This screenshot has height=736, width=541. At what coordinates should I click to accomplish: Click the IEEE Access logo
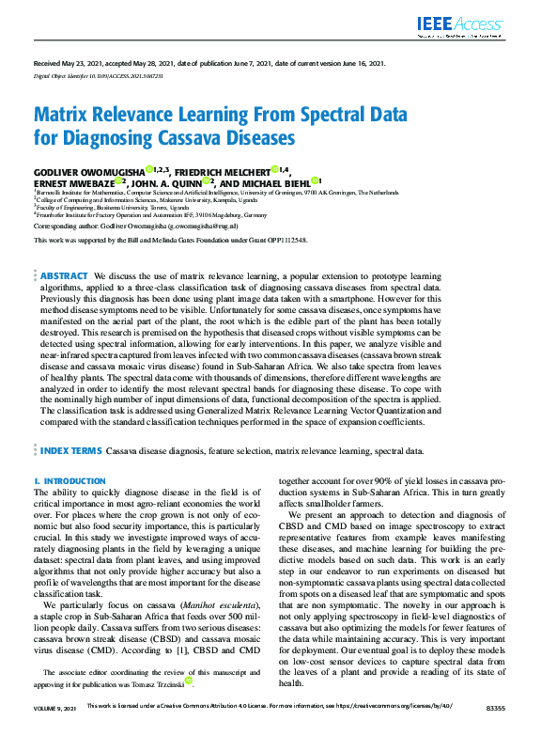460,25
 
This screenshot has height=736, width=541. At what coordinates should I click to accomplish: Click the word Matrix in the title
62,116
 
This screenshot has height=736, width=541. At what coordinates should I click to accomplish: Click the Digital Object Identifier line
85,74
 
